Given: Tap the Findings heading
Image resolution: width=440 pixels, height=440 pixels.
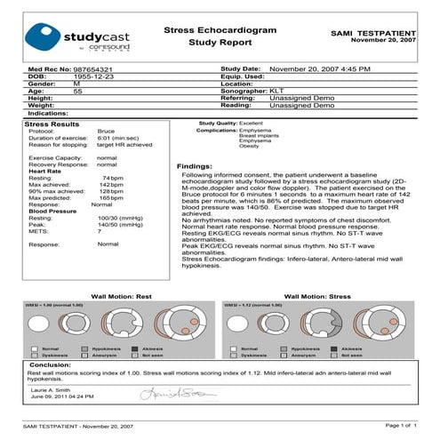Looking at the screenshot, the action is pyautogui.click(x=195, y=166).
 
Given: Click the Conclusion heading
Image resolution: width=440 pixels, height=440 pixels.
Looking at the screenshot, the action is pyautogui.click(x=51, y=365).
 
